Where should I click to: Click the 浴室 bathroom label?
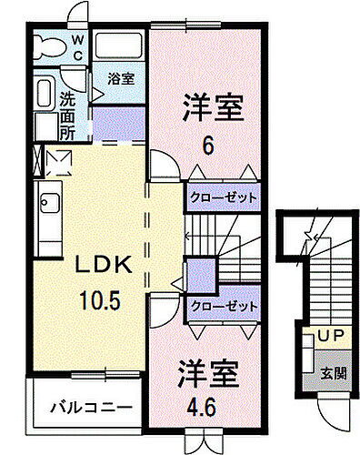click(x=120, y=78)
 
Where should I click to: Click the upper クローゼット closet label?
click(x=224, y=197)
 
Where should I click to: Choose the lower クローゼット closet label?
click(x=224, y=307)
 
